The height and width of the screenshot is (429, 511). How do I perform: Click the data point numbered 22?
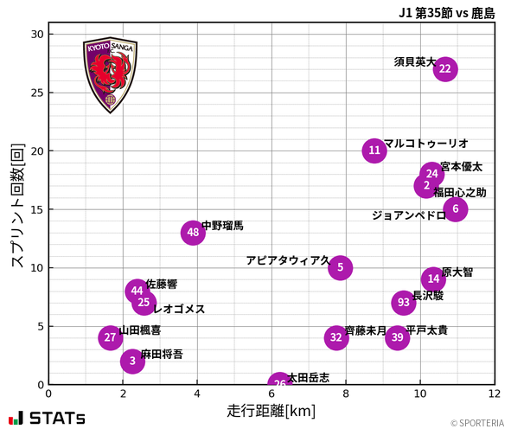pyautogui.click(x=445, y=69)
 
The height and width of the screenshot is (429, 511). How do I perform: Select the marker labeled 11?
pyautogui.click(x=374, y=150)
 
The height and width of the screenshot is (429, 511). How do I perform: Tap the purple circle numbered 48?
pyautogui.click(x=193, y=233)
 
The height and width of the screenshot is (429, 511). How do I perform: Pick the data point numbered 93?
pyautogui.click(x=404, y=303)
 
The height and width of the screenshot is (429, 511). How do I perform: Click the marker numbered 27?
pyautogui.click(x=110, y=338)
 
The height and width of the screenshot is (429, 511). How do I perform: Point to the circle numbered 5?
pyautogui.click(x=340, y=267)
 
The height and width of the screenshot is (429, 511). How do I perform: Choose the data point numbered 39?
pyautogui.click(x=397, y=338)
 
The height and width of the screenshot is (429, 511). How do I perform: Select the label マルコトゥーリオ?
pyautogui.click(x=425, y=144)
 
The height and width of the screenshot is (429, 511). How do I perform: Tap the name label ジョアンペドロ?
pyautogui.click(x=409, y=215)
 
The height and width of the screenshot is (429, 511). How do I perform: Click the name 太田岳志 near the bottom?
pyautogui.click(x=309, y=378)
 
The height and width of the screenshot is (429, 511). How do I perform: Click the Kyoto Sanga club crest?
pyautogui.click(x=110, y=75)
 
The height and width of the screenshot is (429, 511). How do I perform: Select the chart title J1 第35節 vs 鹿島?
pyautogui.click(x=447, y=12)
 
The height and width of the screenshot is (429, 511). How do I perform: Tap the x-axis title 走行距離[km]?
pyautogui.click(x=271, y=410)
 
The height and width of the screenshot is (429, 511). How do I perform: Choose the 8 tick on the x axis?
pyautogui.click(x=346, y=394)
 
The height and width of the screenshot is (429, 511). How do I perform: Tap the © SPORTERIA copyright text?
pyautogui.click(x=476, y=423)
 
